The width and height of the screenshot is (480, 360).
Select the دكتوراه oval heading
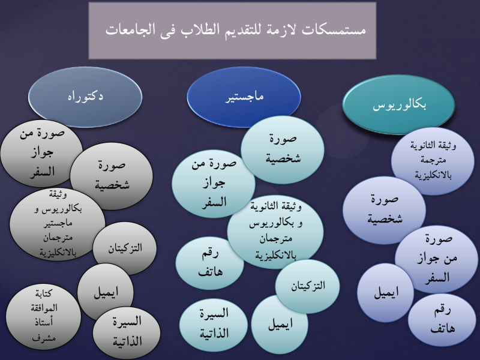point(85,97)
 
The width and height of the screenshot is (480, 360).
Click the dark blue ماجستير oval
point(244,97)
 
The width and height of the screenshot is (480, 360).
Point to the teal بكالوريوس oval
point(398,104)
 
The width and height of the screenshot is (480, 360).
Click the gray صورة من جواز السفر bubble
point(42,153)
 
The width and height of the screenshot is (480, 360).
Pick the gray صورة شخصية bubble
point(112,176)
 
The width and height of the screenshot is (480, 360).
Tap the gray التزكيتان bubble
point(125,248)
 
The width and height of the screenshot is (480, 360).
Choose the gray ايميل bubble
point(106,292)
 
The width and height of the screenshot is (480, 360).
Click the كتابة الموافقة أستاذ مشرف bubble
point(43,317)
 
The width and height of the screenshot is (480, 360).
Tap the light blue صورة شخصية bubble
point(283,149)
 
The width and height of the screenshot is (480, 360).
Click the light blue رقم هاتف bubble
point(209,263)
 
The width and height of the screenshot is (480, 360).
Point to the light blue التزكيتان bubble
point(307,286)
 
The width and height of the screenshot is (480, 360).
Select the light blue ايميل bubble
point(280,325)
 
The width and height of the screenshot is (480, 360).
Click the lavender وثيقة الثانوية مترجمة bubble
point(433,161)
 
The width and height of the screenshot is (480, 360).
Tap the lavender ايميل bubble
point(385,293)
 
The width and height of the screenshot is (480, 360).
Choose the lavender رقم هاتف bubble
point(442,320)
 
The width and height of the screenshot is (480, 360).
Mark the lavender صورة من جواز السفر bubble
point(437,259)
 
